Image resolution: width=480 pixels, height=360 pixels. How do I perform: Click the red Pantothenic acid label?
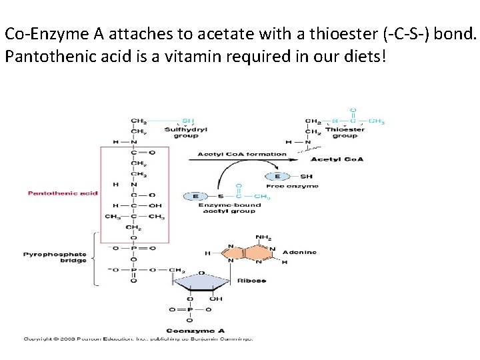tap(63, 193)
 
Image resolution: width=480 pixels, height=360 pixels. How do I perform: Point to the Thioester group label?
tap(345, 133)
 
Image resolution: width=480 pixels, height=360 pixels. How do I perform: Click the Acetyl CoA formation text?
tap(242, 154)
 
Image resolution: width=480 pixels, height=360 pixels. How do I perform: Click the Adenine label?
tap(299, 252)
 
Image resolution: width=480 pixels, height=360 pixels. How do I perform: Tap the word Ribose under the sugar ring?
tap(252, 281)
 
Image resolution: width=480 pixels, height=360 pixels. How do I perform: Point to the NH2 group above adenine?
tap(264, 237)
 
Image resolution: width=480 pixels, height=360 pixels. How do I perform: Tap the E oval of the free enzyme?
tap(277, 176)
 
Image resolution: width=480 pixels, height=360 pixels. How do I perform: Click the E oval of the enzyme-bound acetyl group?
tap(196, 196)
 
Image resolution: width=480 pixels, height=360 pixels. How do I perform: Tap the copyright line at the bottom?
tap(138, 339)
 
